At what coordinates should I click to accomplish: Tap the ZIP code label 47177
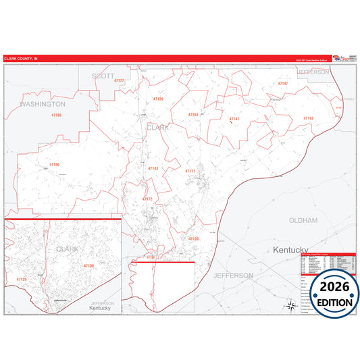coord(120,80)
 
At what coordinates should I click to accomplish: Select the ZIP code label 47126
coord(158,99)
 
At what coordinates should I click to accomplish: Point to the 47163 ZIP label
coord(193,115)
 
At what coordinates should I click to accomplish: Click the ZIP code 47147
coord(283,84)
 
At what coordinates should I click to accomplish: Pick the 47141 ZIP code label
coord(234,119)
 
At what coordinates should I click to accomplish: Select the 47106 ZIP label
coord(54,164)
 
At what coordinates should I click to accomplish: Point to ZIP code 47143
coord(153,168)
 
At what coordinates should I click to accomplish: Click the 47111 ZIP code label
coord(190,171)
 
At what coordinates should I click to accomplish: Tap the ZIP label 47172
coord(147,199)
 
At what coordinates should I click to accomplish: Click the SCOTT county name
coord(103,76)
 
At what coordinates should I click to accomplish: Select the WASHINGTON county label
coord(43,104)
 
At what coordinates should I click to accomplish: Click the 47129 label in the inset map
coord(22,278)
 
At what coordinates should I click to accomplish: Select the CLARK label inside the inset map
coord(68,249)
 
